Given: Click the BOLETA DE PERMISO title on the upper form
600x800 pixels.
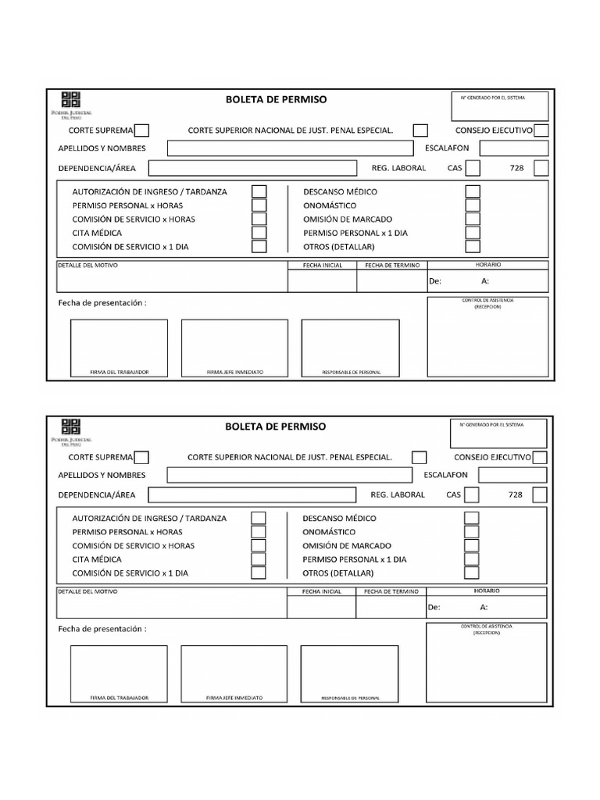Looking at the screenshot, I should click(276, 99).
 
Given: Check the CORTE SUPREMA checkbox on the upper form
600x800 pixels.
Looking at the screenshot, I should click(142, 130).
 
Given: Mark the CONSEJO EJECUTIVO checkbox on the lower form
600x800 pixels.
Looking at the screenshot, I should click(540, 458).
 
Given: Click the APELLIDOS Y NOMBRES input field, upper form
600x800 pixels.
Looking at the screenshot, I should click(289, 148).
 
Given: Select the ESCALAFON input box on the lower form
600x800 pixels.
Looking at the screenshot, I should click(513, 475).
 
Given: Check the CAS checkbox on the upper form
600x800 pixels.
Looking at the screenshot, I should click(473, 168).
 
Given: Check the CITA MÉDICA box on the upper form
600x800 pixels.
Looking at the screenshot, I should click(259, 233).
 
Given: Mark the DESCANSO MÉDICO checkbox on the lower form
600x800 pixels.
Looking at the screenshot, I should click(472, 518).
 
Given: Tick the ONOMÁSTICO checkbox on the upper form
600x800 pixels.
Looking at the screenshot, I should click(473, 205).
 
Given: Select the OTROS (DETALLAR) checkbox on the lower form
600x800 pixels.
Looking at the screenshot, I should click(472, 573).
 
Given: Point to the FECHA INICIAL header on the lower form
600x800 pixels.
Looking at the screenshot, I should click(321, 592).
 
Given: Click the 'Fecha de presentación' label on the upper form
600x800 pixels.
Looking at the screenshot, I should click(102, 302).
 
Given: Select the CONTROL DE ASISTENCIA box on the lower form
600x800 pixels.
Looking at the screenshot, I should click(487, 664).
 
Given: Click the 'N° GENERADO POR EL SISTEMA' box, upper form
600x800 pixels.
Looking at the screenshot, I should click(499, 106).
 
